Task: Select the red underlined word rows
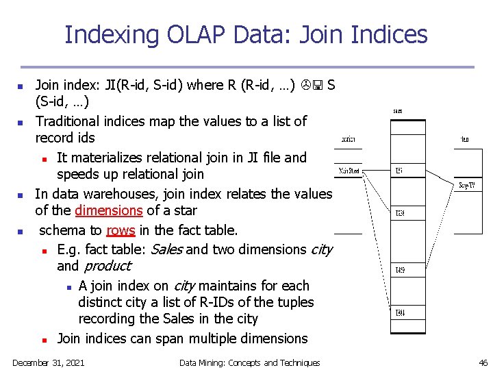121,230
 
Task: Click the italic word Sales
166,249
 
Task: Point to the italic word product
107,266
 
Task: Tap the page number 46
483,362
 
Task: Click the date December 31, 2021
49,362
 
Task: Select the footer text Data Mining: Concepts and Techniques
249,362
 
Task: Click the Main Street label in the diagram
349,171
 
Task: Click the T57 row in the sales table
399,171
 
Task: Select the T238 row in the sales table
400,214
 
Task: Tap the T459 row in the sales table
400,270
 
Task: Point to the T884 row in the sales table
400,313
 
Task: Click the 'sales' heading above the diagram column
397,110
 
